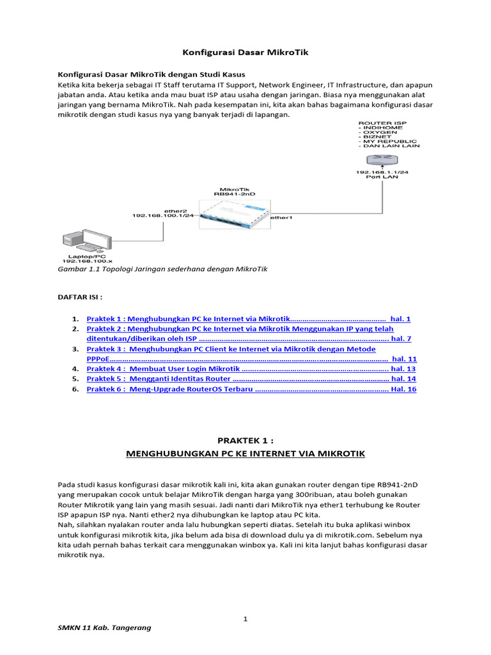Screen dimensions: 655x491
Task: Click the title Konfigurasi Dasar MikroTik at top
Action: tap(245, 52)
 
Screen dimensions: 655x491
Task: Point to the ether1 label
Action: tap(281, 218)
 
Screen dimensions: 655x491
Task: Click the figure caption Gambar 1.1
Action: tap(162, 269)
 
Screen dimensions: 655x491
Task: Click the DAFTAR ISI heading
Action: tap(80, 297)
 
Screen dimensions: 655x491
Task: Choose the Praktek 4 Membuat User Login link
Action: tap(164, 369)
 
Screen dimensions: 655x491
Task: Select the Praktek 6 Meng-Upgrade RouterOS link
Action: tap(170, 389)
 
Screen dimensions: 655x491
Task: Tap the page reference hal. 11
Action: tap(404, 359)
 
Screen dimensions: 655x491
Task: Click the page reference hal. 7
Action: tap(401, 338)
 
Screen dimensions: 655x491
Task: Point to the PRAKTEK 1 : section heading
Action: tap(245, 441)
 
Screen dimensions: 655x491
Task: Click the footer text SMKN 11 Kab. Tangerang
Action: tap(105, 627)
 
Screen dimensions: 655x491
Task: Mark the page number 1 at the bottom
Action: tap(245, 619)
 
